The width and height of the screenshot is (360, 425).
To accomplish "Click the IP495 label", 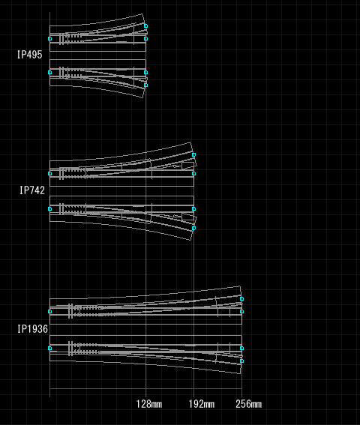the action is [30, 55].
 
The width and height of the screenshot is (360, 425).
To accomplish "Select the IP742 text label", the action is [32, 190].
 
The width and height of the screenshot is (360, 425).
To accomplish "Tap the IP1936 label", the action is [32, 329].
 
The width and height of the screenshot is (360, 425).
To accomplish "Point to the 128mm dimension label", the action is [149, 404].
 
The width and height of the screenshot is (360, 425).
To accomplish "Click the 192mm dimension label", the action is [202, 404].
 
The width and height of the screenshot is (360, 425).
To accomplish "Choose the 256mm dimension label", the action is [249, 404].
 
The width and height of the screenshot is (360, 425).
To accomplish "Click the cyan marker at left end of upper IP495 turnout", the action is [50, 39].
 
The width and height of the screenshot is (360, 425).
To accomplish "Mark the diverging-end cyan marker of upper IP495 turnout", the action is [146, 26].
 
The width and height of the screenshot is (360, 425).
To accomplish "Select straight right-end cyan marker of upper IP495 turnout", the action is [146, 39].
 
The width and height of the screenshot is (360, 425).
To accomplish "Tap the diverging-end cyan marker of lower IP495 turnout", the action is [146, 85].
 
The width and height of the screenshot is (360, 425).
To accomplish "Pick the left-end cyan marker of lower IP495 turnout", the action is [50, 73].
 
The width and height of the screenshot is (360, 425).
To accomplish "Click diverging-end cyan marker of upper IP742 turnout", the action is [193, 154].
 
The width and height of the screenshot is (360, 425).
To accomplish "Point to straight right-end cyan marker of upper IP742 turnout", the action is [193, 173].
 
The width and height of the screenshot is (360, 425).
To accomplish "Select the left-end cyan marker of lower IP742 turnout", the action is [50, 208].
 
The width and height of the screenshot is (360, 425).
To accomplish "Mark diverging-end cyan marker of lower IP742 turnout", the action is [193, 228].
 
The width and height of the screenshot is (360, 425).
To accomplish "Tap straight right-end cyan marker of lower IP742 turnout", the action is [193, 208].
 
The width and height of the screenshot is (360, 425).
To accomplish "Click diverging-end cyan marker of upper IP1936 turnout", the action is [241, 298].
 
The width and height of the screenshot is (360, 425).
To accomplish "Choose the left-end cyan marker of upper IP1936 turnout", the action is [50, 312].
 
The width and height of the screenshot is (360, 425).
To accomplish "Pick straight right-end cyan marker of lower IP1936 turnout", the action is [241, 349].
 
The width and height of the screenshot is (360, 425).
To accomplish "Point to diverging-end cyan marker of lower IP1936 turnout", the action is [241, 361].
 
